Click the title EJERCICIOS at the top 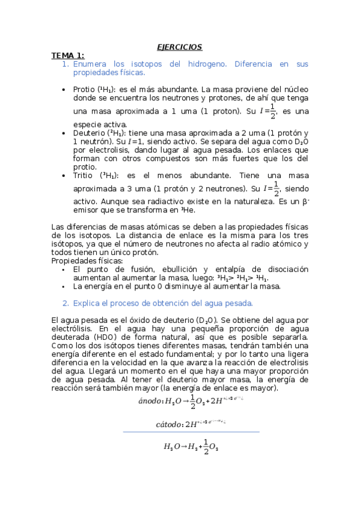pyautogui.click(x=179, y=47)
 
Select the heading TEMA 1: pyautogui.click(x=67, y=55)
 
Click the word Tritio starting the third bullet pyautogui.click(x=83, y=176)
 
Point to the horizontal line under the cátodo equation pyautogui.click(x=191, y=432)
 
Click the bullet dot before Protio pyautogui.click(x=65, y=89)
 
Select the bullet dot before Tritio pyautogui.click(x=65, y=176)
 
